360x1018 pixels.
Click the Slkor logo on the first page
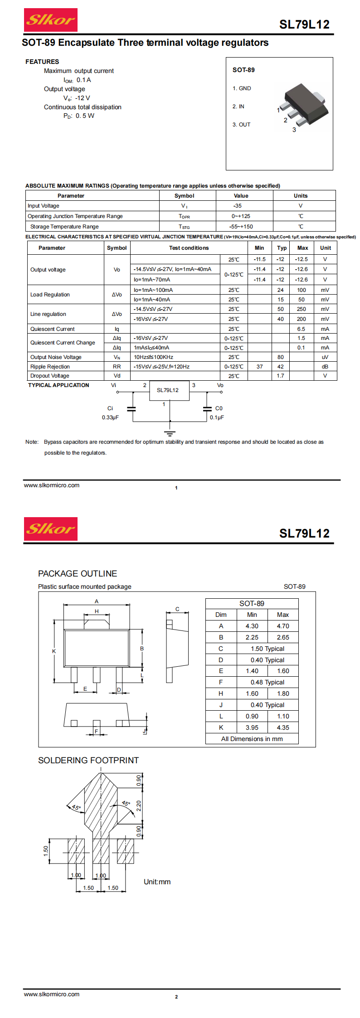coord(50,20)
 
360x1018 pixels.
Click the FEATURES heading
coord(42,62)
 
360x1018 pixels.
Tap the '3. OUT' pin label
coord(241,125)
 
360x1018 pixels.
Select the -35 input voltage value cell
coord(238,206)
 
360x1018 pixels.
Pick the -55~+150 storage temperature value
coord(241,227)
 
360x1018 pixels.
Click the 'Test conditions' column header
coord(189,248)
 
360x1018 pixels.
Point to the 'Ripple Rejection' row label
coord(50,367)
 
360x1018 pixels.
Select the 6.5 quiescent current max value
coord(301,329)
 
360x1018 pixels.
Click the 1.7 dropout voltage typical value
coord(281,376)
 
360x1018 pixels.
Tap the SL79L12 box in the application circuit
coord(168,390)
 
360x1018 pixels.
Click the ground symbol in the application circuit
coord(170,433)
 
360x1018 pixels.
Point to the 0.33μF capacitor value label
coord(110,417)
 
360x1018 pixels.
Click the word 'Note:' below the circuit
coord(32,442)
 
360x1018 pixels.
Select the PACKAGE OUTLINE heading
coord(78,574)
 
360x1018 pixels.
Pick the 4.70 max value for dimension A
coord(283,626)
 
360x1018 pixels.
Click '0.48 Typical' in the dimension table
coord(268,682)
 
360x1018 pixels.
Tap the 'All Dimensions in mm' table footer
coord(252,739)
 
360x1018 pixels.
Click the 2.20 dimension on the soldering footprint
coord(139,805)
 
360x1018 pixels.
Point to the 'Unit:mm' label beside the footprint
coord(157,882)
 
